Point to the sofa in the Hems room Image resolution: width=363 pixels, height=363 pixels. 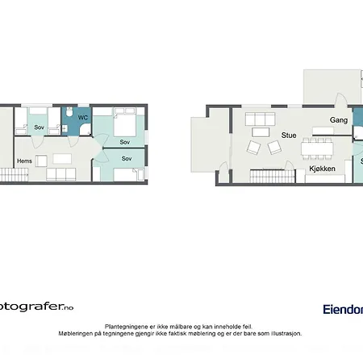[61, 174]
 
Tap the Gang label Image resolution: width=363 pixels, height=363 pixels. [339, 120]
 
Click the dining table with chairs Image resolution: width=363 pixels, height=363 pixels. [316, 148]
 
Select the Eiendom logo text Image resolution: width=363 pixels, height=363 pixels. [342, 308]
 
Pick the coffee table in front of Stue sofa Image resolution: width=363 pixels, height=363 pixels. [259, 132]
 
